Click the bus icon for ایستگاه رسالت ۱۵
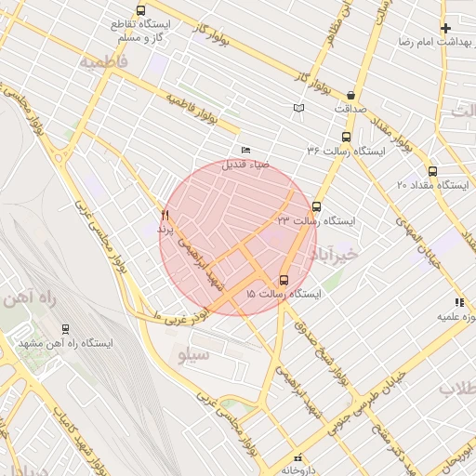click(x=284, y=280)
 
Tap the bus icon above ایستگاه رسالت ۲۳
click(x=317, y=206)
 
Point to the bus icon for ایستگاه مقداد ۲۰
click(x=432, y=171)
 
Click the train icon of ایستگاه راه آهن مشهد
click(x=65, y=329)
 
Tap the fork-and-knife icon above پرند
click(x=165, y=214)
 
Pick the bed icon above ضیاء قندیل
click(x=245, y=150)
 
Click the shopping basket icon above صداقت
click(x=350, y=95)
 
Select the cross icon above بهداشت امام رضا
click(x=446, y=28)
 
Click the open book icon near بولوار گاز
click(x=298, y=109)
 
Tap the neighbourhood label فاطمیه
click(x=104, y=62)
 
